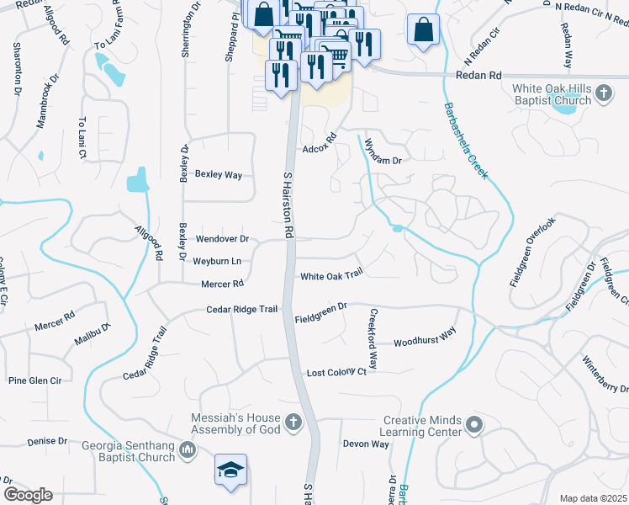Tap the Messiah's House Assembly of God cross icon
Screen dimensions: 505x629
coord(293,421)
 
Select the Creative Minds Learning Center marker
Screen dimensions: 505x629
coord(474,425)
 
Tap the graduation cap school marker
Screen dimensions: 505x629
coord(230,472)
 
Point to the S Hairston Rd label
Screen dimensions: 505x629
coord(288,202)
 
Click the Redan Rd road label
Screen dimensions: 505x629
coord(478,75)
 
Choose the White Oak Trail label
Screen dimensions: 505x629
coord(331,274)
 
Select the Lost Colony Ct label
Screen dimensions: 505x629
coord(336,372)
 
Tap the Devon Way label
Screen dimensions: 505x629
coord(366,444)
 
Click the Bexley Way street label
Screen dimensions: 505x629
coord(219,175)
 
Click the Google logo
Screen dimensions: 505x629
coord(28,495)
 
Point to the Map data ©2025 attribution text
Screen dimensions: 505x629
coord(593,498)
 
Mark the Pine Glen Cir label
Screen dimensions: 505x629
coord(35,380)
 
